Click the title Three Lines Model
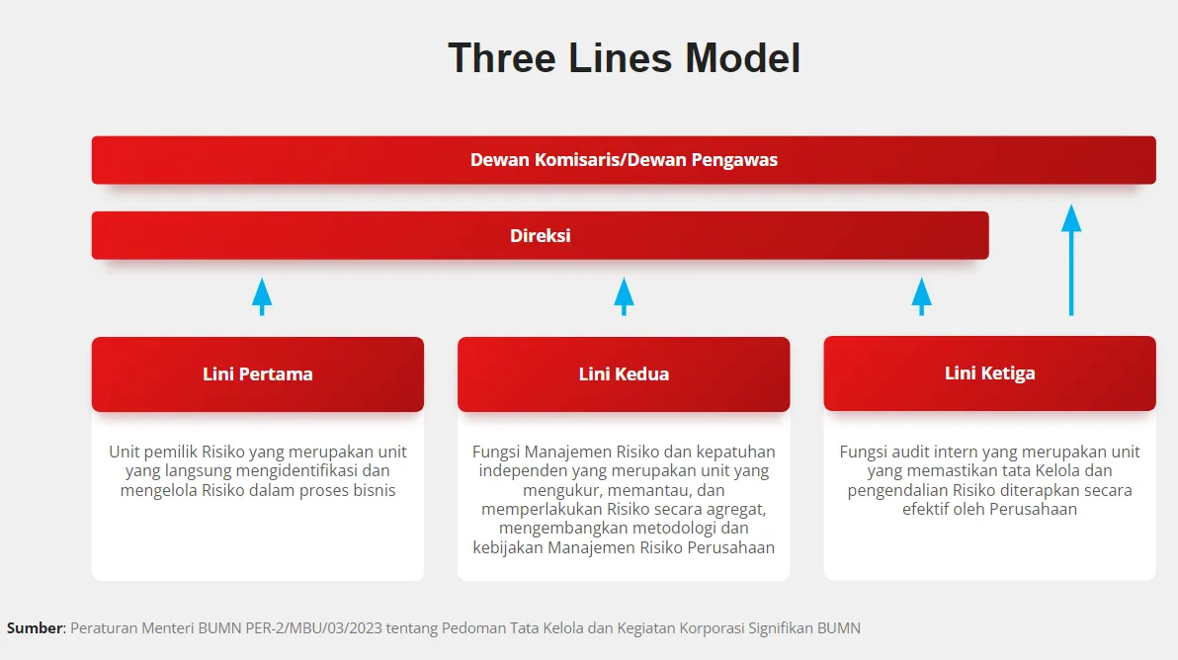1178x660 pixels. [624, 58]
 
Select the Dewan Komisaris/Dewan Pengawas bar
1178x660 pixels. [624, 160]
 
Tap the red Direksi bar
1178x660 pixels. [540, 236]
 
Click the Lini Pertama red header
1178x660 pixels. [258, 373]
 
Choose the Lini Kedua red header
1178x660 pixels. [624, 373]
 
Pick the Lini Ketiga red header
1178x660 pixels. [989, 372]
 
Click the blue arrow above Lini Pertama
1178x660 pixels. [262, 295]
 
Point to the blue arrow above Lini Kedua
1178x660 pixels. [624, 295]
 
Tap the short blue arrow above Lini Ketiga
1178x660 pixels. [921, 295]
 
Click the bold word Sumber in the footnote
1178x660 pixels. [35, 628]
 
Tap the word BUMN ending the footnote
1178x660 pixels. [838, 628]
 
